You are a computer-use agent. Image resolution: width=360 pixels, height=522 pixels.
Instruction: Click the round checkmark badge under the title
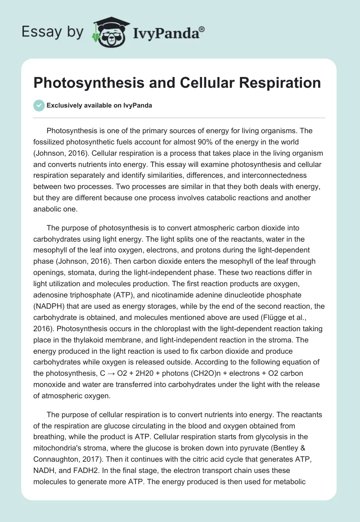(39, 105)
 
